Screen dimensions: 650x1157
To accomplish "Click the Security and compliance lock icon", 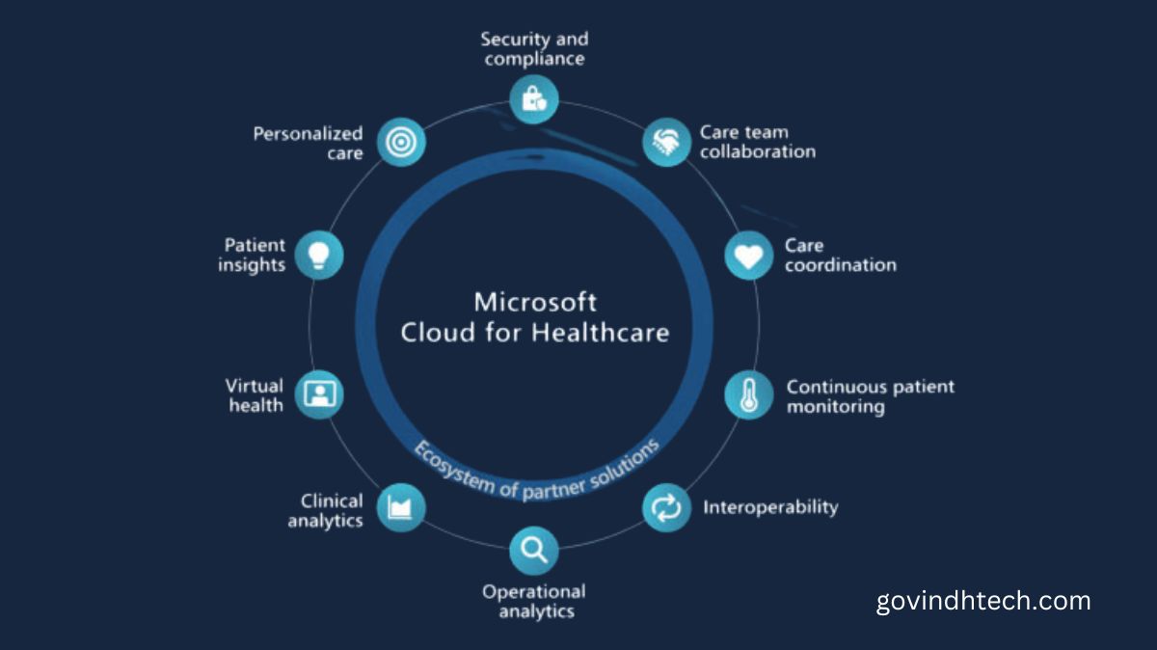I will coord(533,98).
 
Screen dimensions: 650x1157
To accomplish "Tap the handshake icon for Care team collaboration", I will coord(666,142).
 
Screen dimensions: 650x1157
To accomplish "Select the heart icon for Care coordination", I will coord(749,256).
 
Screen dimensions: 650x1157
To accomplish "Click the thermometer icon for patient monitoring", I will coord(749,394).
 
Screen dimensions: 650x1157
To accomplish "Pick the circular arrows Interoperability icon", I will coord(666,507).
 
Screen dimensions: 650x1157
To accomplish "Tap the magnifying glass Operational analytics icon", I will coord(533,551).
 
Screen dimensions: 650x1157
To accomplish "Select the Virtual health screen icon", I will coord(318,393).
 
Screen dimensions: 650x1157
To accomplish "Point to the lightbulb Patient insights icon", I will coord(318,255).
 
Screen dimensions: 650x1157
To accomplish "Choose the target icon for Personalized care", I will coord(400,142).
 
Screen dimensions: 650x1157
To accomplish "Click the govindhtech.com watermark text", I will coord(983,602).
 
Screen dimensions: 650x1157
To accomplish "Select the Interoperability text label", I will coord(770,506).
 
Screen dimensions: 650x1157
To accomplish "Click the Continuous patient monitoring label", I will coord(870,396).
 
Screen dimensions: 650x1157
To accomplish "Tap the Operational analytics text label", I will coord(534,601).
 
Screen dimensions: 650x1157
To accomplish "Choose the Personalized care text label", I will coord(308,144).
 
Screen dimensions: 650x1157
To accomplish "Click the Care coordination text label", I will coord(840,256).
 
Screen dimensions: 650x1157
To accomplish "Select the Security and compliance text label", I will coord(534,49).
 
